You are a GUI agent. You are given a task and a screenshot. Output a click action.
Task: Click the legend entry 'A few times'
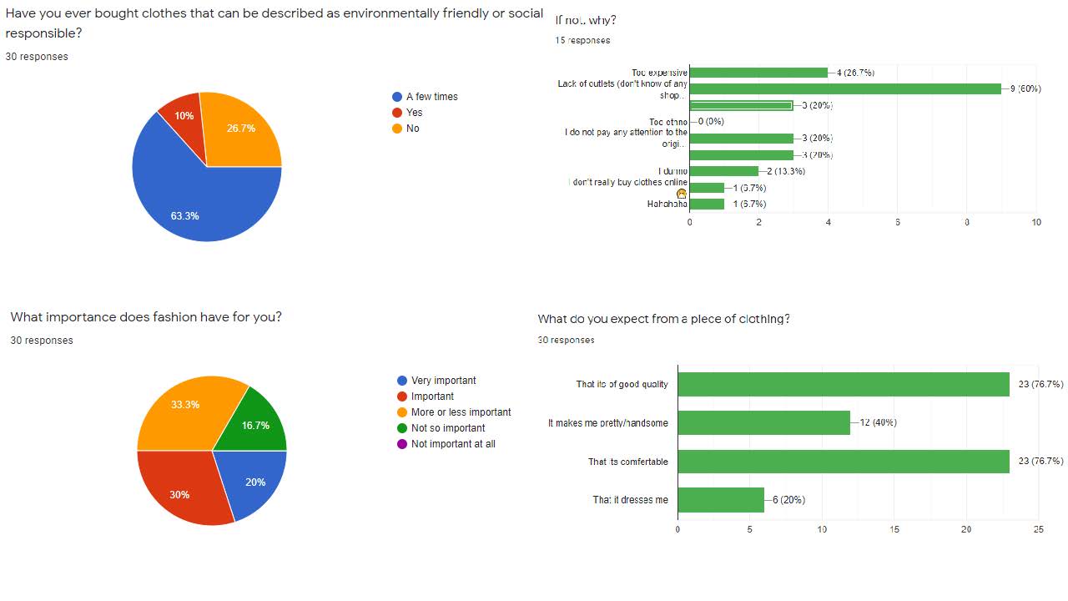[431, 97]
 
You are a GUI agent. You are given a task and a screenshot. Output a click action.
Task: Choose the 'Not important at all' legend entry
[452, 444]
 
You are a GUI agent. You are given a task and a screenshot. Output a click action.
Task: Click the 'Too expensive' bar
[758, 73]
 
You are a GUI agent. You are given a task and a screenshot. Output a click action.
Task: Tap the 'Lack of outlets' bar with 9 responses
[845, 88]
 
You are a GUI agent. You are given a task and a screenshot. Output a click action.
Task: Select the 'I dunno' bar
[723, 171]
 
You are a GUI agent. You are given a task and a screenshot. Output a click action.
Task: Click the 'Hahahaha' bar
[707, 204]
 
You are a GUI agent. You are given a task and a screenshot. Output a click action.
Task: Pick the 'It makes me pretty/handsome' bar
[763, 422]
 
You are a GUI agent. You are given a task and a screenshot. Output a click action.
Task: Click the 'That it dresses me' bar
[721, 500]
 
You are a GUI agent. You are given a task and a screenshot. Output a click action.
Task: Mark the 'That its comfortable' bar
[844, 462]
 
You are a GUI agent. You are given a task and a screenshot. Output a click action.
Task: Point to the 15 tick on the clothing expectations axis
[894, 529]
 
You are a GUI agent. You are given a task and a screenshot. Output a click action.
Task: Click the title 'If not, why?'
[586, 20]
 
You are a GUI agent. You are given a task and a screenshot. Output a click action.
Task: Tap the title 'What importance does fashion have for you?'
[146, 317]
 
